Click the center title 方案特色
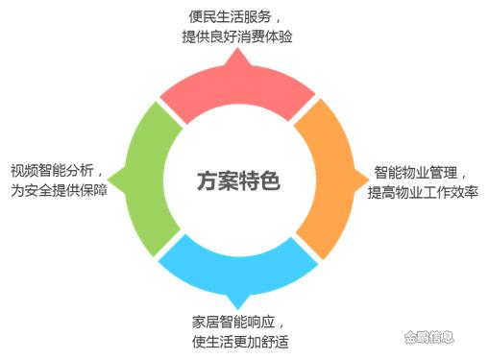238,180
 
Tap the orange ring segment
330,180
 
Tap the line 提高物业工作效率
423,192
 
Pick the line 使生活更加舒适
240,342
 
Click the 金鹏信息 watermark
428,337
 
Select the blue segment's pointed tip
237,308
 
